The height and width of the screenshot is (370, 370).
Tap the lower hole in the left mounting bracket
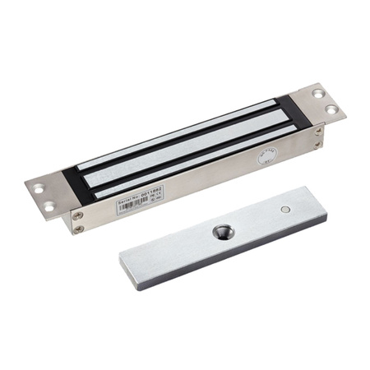click(48, 204)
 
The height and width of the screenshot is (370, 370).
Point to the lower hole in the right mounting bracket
click(331, 108)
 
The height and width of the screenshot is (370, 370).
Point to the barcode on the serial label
click(140, 203)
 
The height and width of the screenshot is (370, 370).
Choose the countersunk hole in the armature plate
click(221, 233)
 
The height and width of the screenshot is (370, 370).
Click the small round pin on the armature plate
click(284, 209)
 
